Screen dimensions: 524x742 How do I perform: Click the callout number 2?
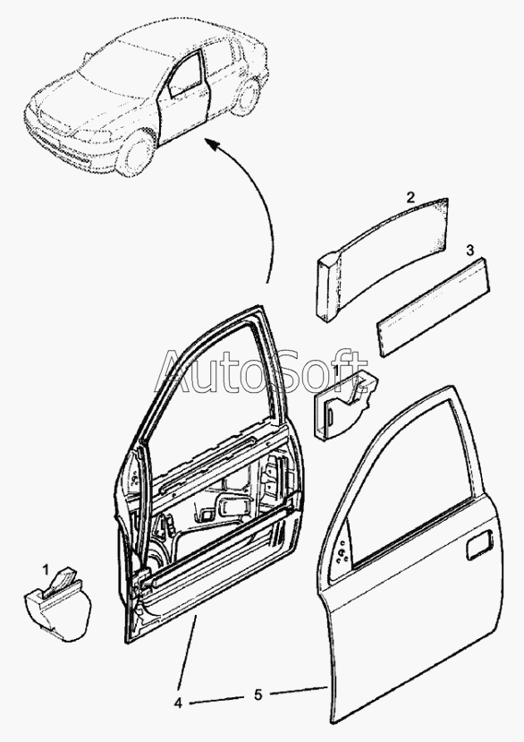tap(411, 197)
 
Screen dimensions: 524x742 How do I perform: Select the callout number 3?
tap(469, 251)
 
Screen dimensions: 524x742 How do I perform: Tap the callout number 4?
tap(178, 704)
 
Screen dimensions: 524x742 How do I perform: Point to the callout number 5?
tap(258, 695)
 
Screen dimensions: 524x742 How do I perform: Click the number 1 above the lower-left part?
tap(46, 569)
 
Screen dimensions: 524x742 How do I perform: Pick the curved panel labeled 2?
tap(381, 257)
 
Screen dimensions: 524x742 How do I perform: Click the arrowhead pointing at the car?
tap(211, 143)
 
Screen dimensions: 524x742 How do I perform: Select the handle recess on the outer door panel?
tap(478, 545)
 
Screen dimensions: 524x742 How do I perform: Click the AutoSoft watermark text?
tap(262, 371)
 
